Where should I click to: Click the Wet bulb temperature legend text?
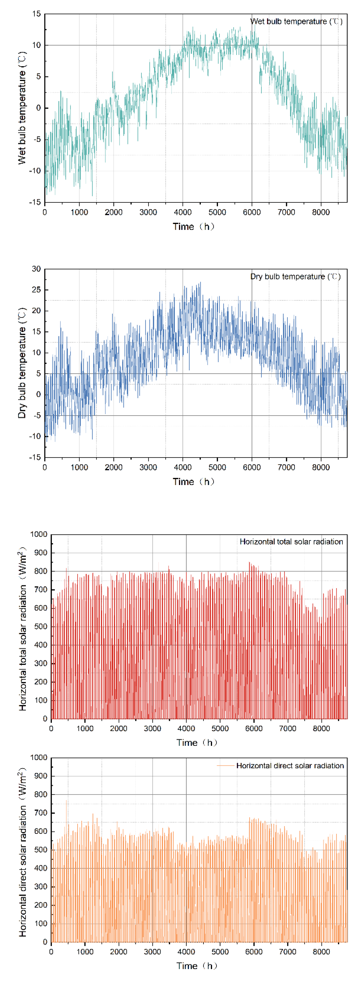(296, 21)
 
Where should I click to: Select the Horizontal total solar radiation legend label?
(291, 542)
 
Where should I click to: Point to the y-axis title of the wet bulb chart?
(22, 108)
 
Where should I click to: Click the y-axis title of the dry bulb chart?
(22, 363)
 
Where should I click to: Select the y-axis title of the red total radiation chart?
(23, 629)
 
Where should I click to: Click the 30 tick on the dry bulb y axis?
(36, 269)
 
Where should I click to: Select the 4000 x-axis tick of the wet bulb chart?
(183, 212)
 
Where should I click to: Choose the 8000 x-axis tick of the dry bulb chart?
(321, 467)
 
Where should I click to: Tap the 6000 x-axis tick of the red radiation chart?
(254, 728)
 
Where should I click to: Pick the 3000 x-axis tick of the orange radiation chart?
(153, 951)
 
